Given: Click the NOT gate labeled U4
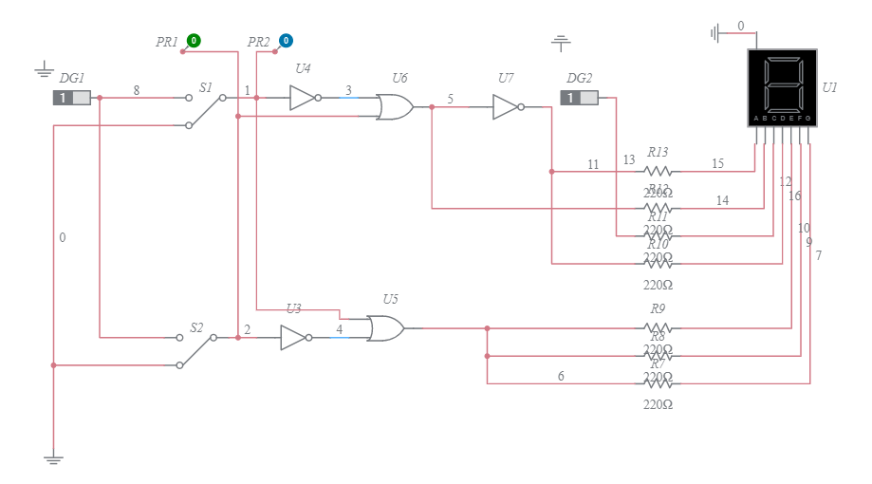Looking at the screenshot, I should [x=303, y=97].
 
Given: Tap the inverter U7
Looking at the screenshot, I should [x=506, y=107].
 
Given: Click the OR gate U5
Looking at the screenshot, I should [x=385, y=328].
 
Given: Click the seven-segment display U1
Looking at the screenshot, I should [x=781, y=87].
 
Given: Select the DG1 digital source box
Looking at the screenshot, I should [x=72, y=98].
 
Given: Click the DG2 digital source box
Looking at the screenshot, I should [x=579, y=98].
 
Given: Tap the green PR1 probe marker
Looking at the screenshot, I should [x=193, y=41].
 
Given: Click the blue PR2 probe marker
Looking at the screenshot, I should [x=285, y=41].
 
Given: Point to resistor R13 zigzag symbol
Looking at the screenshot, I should [x=658, y=172].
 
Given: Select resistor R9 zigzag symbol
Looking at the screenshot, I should [x=658, y=328].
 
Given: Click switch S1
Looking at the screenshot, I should [x=205, y=107].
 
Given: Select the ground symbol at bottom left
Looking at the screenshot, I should [x=53, y=459].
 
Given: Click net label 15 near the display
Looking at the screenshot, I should [x=717, y=164].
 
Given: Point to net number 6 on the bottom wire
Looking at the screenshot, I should [x=561, y=377].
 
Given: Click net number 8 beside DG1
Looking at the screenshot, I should [x=136, y=91].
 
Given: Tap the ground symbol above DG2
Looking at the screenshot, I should [x=561, y=43].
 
